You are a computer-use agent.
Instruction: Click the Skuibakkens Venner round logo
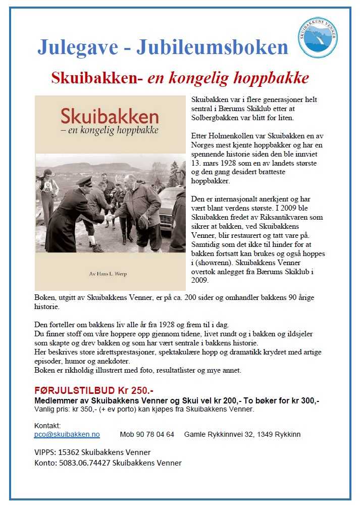318,37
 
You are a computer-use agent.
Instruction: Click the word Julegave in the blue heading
77,47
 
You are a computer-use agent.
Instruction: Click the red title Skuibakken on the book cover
110,117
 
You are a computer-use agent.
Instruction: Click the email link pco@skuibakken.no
67,434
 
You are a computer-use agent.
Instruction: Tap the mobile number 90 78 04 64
155,434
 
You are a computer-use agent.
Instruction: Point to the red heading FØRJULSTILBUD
71,391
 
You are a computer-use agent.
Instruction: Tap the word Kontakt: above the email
47,426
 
